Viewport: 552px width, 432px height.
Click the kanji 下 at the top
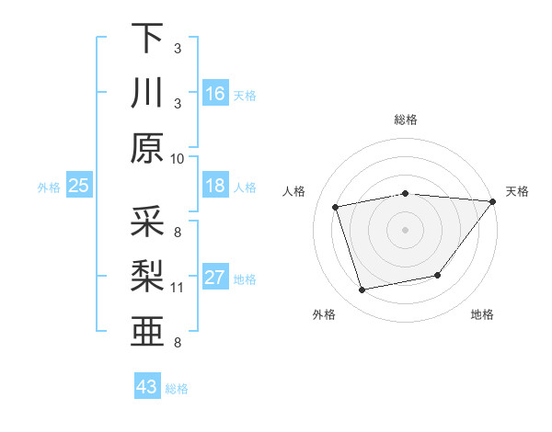[x=147, y=38]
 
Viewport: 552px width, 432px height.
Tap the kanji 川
[x=147, y=93]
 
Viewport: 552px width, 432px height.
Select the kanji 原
[x=147, y=148]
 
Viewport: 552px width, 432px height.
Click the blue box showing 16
[x=214, y=93]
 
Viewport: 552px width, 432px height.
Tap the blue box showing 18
[x=214, y=186]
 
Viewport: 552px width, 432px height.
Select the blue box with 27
[x=214, y=278]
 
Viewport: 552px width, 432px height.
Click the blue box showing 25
[x=78, y=186]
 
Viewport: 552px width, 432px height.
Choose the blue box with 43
[x=146, y=386]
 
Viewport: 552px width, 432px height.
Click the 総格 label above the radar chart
[x=405, y=119]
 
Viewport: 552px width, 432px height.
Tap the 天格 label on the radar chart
[x=517, y=191]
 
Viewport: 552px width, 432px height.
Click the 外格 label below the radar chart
[x=324, y=314]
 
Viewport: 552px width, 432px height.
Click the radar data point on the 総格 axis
[x=405, y=193]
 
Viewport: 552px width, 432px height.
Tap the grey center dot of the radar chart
[x=405, y=229]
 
